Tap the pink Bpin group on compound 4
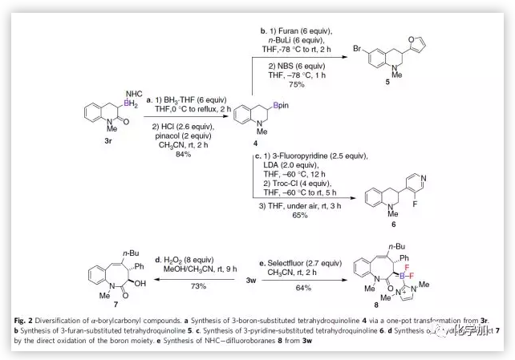pos(278,104)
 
